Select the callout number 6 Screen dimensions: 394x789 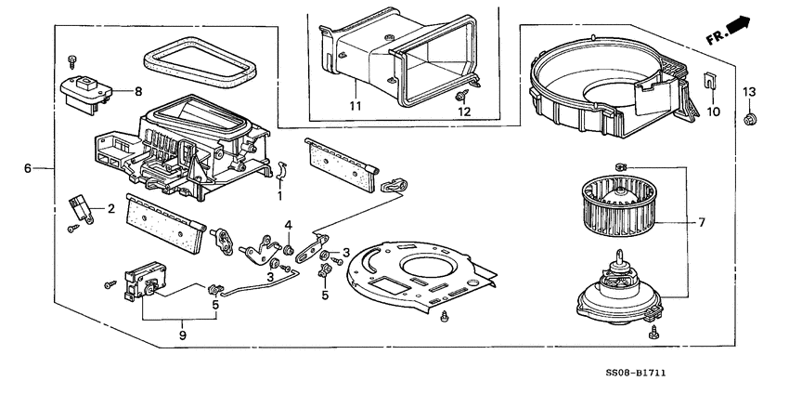point(28,168)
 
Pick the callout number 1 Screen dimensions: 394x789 point(279,196)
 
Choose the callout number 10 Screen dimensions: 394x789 point(714,112)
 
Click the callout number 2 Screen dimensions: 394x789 point(110,208)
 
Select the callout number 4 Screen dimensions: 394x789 point(289,224)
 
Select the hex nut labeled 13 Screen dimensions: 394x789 point(750,118)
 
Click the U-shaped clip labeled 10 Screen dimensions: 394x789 point(710,82)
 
